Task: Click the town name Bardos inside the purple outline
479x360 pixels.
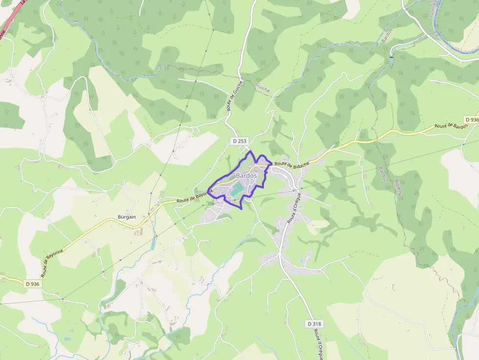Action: [x=246, y=175]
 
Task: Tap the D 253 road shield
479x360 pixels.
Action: [x=239, y=141]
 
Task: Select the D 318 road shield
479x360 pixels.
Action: [x=315, y=324]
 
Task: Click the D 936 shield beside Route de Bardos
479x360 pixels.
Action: [x=471, y=120]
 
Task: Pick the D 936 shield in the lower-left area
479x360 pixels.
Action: [x=32, y=284]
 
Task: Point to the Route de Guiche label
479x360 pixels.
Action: [x=235, y=96]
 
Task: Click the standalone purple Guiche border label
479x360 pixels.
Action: [x=262, y=87]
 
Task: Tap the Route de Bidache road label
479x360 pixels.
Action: [x=292, y=165]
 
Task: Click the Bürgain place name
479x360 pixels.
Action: [x=127, y=216]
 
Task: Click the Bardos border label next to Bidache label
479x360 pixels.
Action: [x=383, y=174]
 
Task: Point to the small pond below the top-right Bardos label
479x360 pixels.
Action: [x=391, y=58]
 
